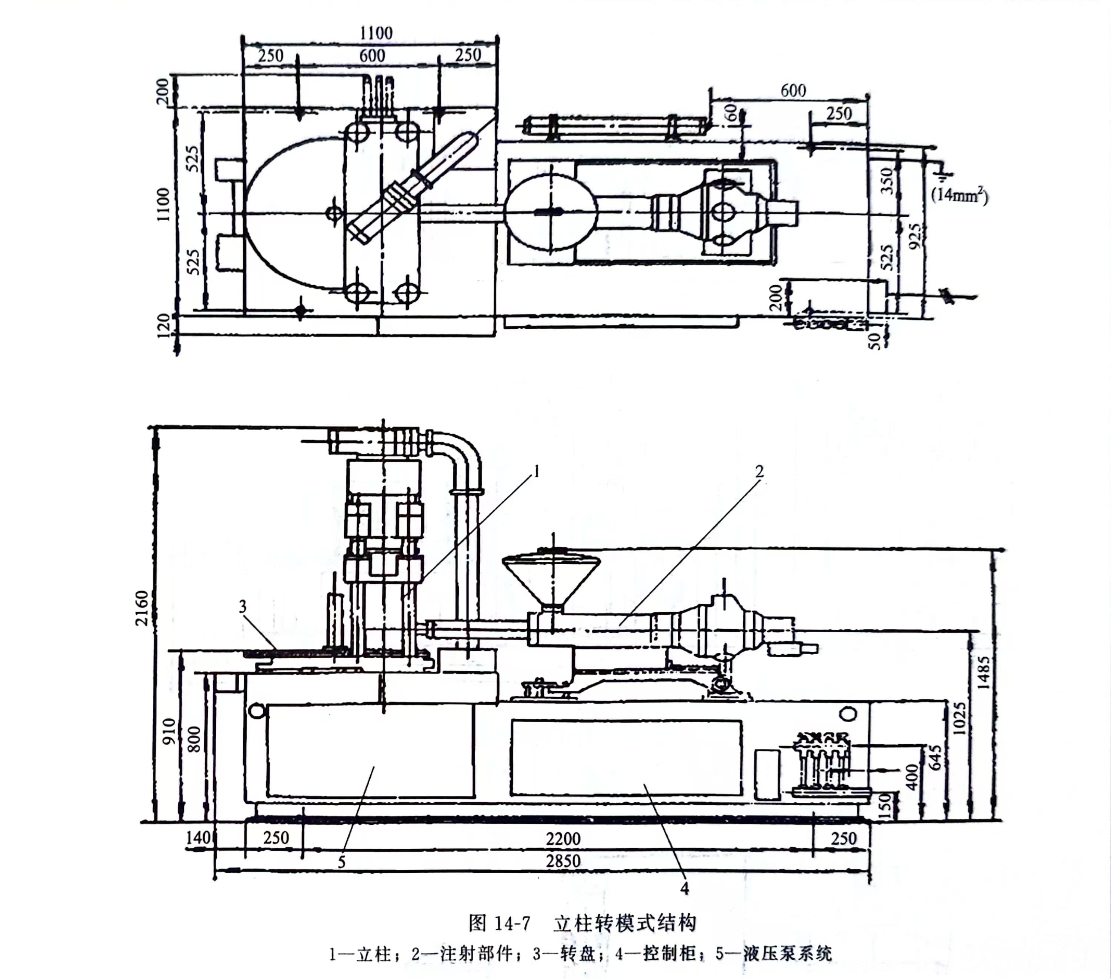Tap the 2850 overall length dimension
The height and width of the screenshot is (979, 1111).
[563, 861]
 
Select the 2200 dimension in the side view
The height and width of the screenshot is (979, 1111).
[563, 839]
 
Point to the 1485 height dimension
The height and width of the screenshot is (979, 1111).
[983, 672]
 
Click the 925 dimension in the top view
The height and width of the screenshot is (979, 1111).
[915, 237]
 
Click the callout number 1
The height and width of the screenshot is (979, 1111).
[537, 472]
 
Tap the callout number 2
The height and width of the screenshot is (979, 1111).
[759, 471]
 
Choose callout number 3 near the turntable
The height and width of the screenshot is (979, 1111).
[243, 607]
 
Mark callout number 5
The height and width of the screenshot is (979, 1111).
[341, 862]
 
